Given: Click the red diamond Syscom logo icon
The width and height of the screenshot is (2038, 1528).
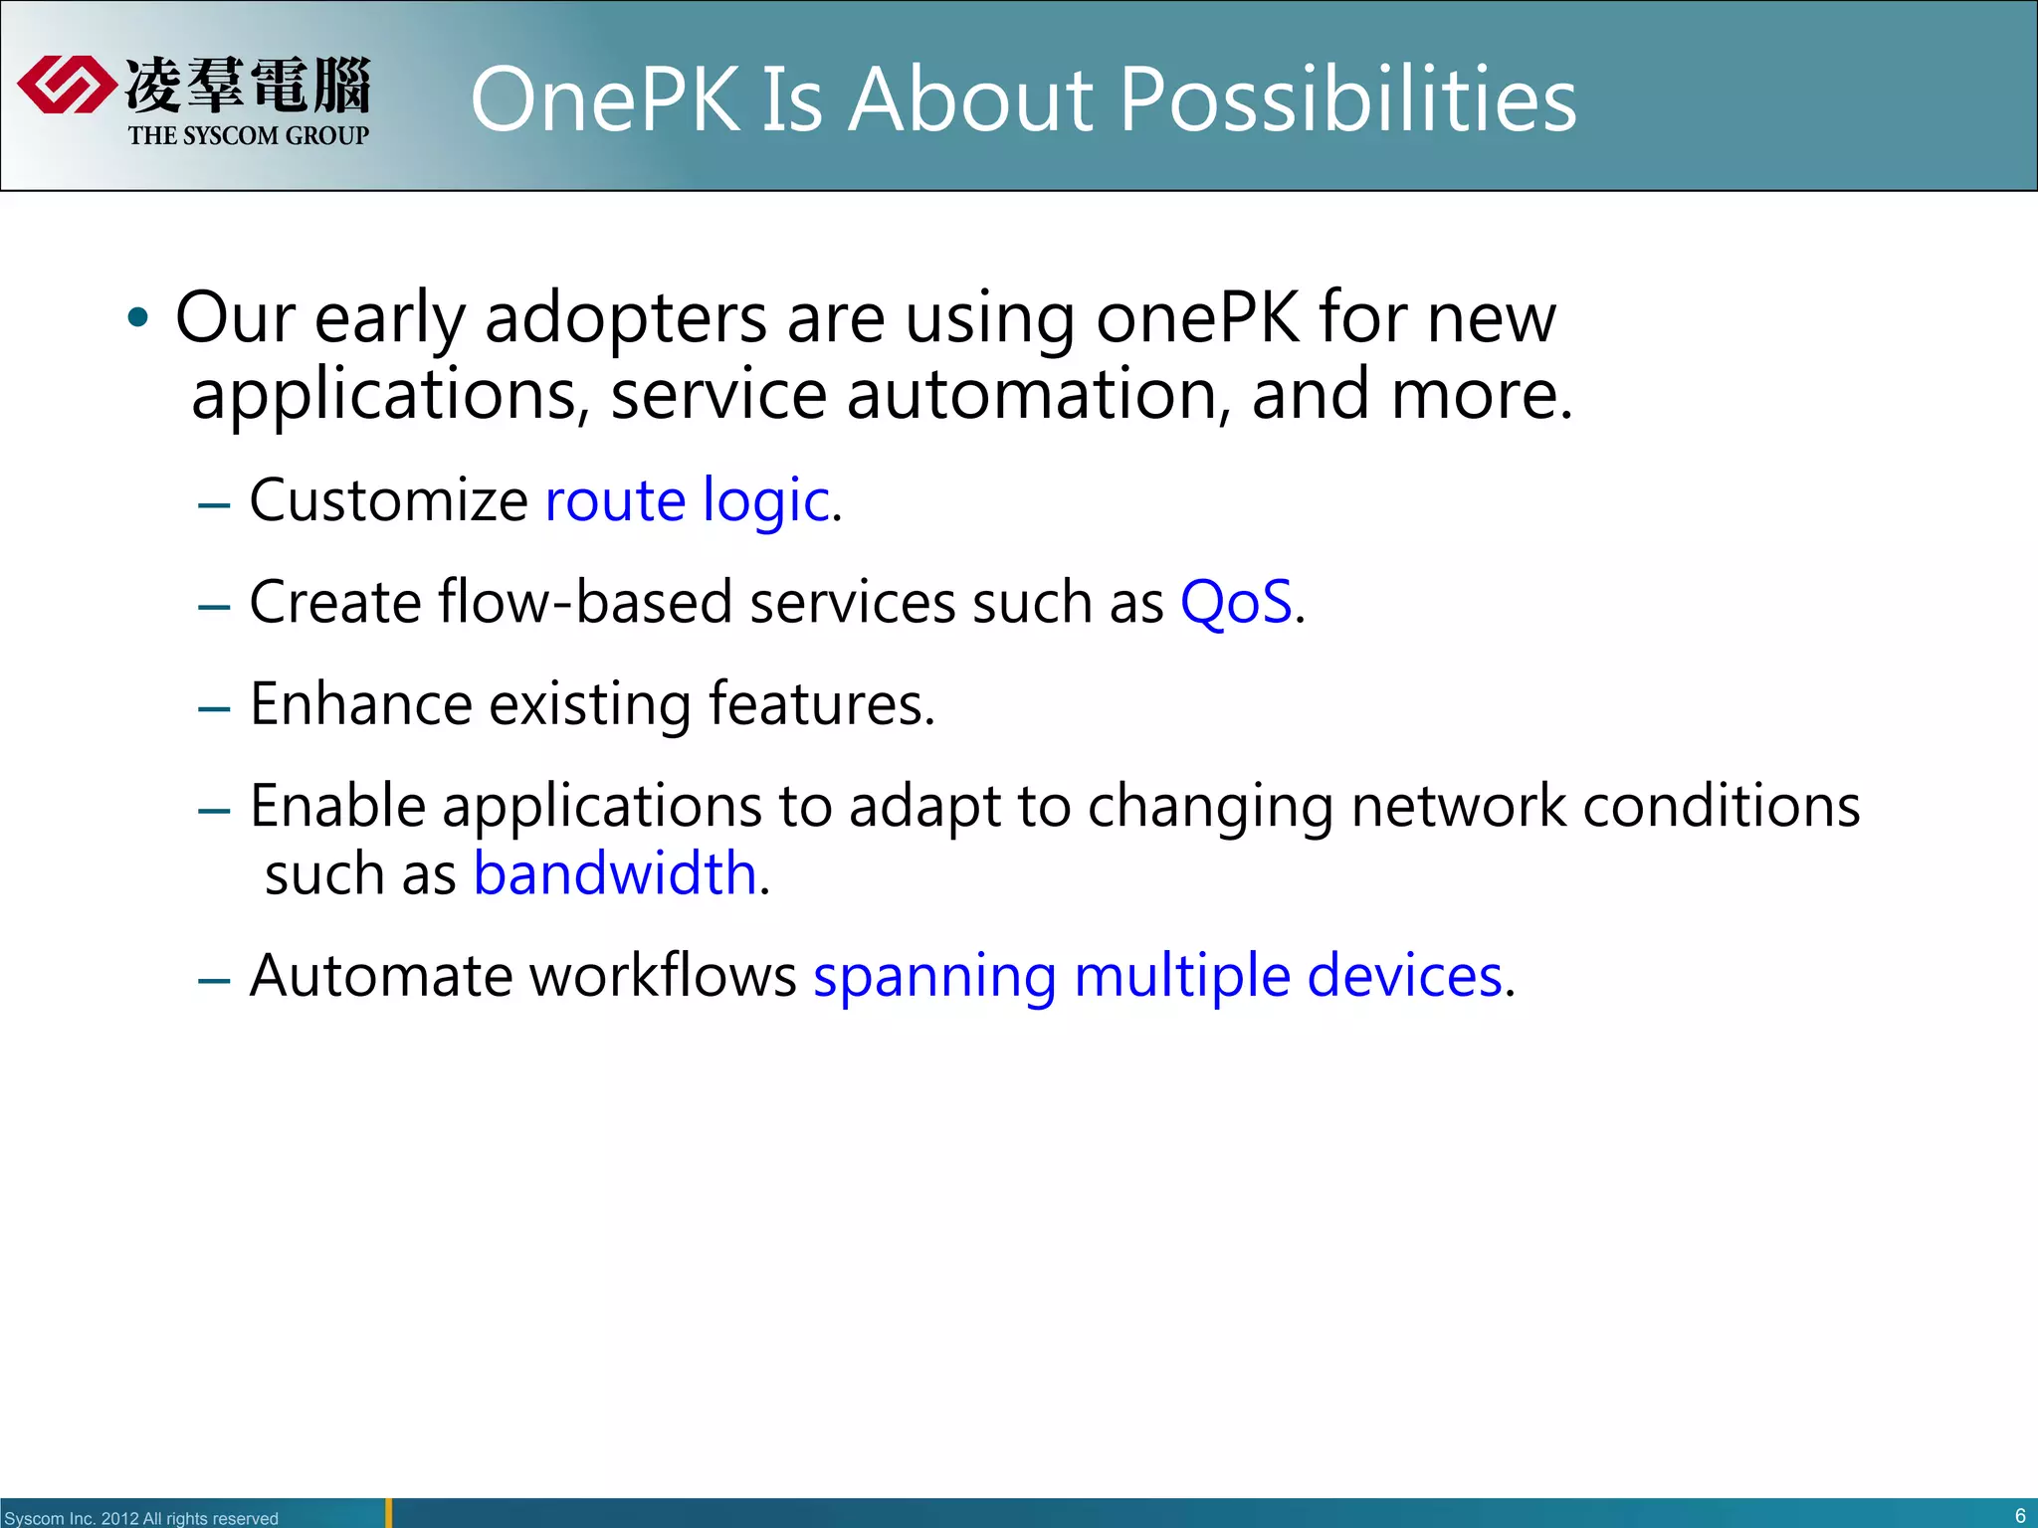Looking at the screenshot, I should tap(66, 85).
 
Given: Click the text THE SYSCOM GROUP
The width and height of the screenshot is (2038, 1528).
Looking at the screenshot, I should tap(248, 135).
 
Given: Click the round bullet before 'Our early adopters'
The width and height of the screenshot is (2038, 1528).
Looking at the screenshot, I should tap(138, 318).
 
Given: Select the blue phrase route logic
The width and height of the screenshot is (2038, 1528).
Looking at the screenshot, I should tap(687, 499).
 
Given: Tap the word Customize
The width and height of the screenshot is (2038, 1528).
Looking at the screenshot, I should tap(388, 499).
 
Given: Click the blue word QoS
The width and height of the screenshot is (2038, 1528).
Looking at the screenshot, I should tap(1236, 602).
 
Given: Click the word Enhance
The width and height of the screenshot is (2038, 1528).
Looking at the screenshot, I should tap(360, 704).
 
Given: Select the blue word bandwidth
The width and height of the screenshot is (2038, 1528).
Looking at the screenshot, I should tap(614, 874).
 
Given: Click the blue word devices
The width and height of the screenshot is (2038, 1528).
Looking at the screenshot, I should tap(1404, 976).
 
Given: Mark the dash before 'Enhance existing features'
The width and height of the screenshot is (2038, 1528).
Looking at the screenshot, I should tap(214, 708).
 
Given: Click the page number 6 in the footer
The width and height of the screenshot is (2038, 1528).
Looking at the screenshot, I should tap(2019, 1515).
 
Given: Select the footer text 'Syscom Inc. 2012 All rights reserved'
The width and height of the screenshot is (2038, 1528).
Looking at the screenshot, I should tap(141, 1518).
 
